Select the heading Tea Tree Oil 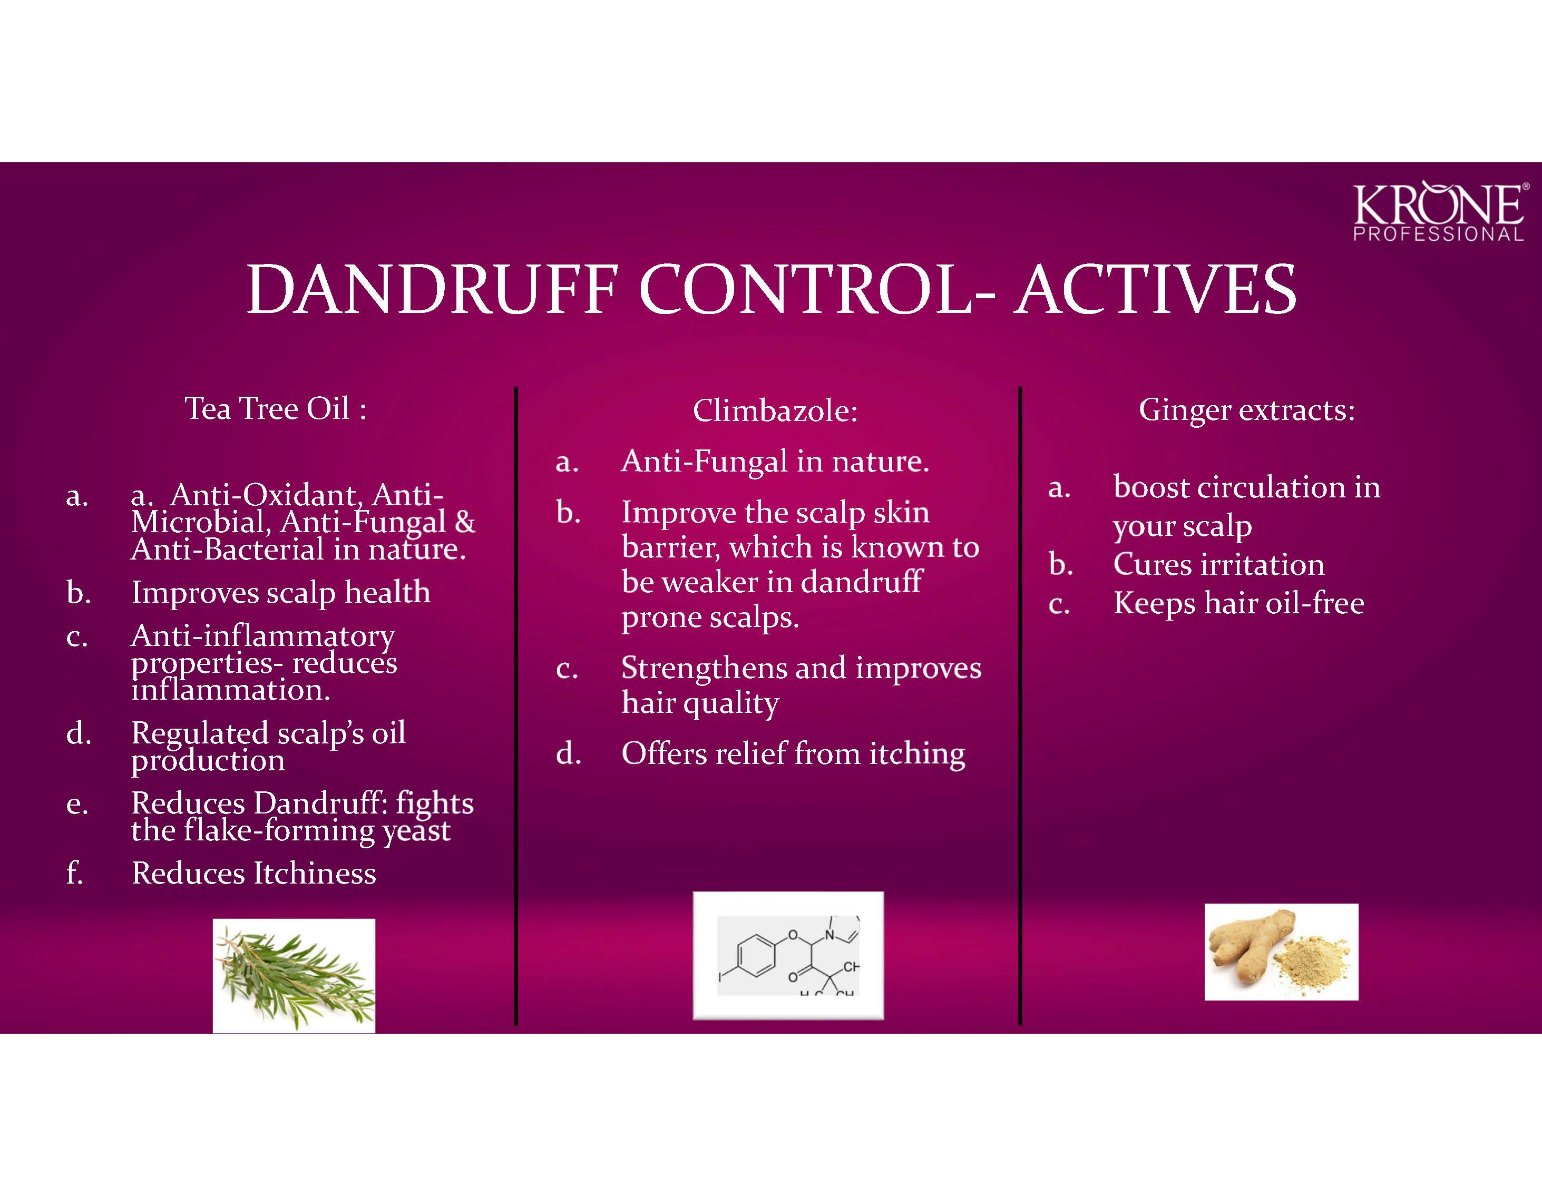click(x=275, y=408)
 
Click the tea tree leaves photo click(x=294, y=976)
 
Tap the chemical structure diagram click(x=788, y=955)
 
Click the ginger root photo click(x=1281, y=952)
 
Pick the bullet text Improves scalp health click(x=280, y=592)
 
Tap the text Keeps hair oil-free click(x=1238, y=603)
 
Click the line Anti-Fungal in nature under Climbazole click(x=775, y=462)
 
